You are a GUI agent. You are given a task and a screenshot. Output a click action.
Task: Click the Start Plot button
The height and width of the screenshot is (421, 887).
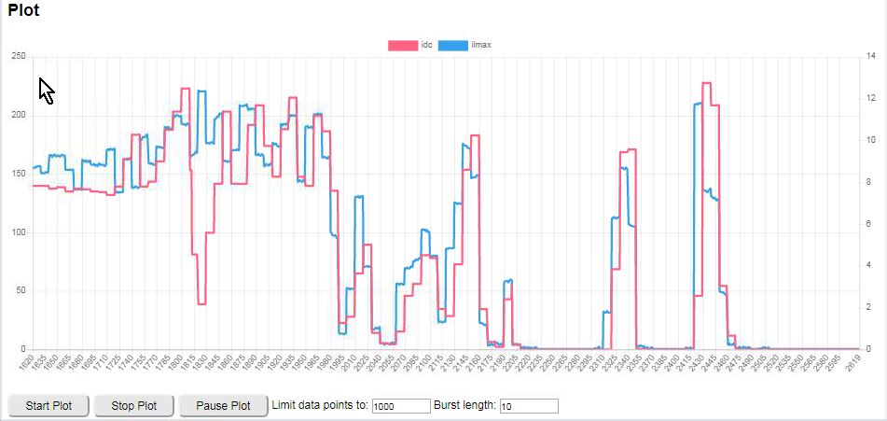coord(49,406)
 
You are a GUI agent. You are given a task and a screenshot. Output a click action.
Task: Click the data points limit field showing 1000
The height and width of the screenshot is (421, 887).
coord(399,406)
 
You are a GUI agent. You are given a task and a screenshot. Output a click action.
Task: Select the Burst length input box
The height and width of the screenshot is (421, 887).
coord(529,406)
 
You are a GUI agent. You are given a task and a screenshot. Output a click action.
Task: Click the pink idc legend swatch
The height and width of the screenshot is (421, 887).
coord(403,45)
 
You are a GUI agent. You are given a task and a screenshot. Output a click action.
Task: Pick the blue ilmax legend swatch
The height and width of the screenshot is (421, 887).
coord(453,45)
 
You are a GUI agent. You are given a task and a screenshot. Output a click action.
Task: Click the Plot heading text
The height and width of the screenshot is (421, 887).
coord(23,12)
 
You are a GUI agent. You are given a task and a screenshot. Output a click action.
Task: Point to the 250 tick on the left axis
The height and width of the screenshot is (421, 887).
coord(18,57)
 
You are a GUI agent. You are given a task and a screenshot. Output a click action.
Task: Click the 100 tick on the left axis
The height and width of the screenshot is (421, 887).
coord(18,232)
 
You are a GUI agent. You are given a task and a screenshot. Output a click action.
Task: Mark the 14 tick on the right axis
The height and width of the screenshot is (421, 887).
coord(871,57)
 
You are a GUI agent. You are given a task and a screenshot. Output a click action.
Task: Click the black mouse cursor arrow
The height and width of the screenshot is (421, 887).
coord(46,90)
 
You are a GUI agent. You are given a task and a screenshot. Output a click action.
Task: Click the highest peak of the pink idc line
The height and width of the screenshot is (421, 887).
coord(706,83)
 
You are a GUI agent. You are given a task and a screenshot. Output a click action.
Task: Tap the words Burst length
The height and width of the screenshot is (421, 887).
coord(465,405)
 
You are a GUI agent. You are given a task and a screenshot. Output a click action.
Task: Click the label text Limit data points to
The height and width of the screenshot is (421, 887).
coord(320,405)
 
